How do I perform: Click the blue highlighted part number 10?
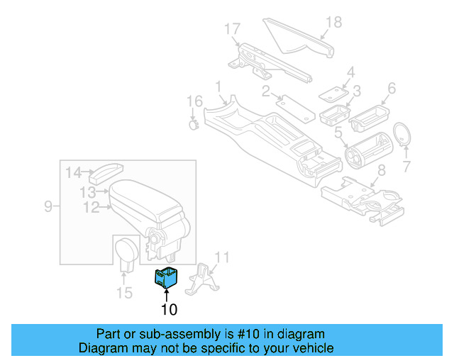pyautogui.click(x=167, y=277)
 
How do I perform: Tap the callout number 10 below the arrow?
pyautogui.click(x=169, y=309)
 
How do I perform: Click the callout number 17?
pyautogui.click(x=233, y=29)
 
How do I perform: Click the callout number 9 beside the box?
pyautogui.click(x=48, y=206)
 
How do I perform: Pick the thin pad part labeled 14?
pyautogui.click(x=109, y=170)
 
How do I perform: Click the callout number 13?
pyautogui.click(x=88, y=192)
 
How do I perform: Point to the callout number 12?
pyautogui.click(x=91, y=208)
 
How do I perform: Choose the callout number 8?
pyautogui.click(x=381, y=170)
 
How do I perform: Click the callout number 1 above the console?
pyautogui.click(x=219, y=86)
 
